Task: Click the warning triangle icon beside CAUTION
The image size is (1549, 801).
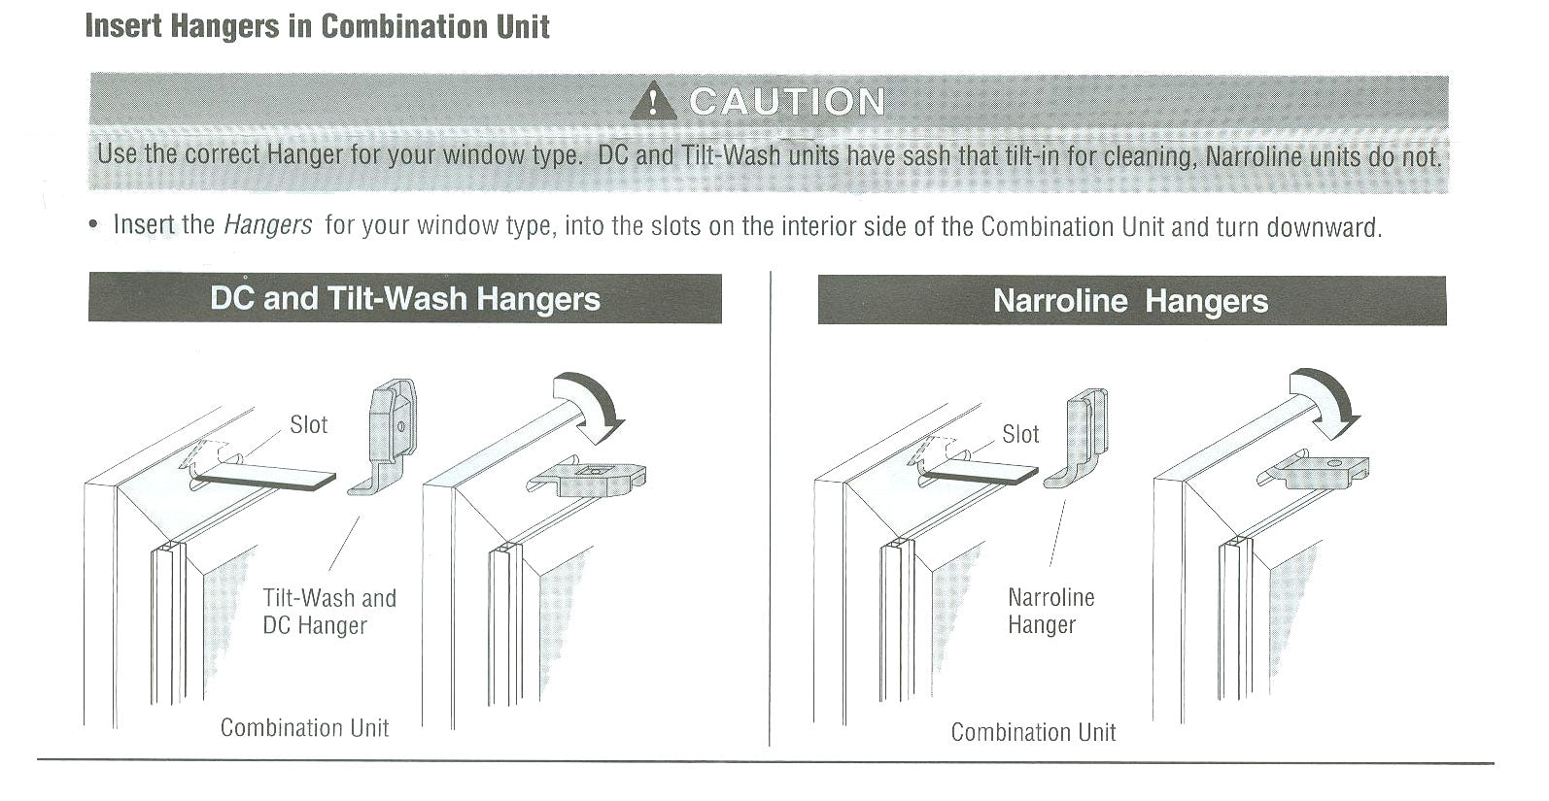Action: [654, 101]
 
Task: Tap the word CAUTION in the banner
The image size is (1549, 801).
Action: [787, 101]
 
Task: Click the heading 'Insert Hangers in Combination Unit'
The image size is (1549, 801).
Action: [317, 26]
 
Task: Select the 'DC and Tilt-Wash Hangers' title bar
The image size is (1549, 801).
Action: [404, 298]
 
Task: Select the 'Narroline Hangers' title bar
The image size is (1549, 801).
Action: [1130, 301]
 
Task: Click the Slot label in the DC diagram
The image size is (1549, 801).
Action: [308, 424]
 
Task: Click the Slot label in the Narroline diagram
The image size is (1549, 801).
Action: [1020, 434]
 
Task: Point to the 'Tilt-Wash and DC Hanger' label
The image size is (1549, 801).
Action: [328, 612]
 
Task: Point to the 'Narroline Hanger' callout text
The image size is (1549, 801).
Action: [1050, 611]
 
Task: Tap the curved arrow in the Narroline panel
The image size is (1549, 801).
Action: [1326, 401]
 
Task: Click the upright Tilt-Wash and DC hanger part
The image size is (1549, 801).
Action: [387, 434]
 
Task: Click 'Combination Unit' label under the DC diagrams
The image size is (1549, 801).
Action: [304, 727]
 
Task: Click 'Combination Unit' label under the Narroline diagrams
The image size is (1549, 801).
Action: [1033, 732]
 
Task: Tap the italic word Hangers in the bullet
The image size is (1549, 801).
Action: [267, 226]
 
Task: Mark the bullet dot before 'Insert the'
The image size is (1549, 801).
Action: [93, 226]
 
